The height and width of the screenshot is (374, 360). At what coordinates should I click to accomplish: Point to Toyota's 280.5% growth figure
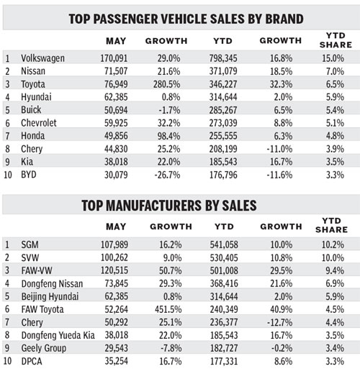point(171,84)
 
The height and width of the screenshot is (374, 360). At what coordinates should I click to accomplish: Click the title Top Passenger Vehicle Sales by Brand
point(180,18)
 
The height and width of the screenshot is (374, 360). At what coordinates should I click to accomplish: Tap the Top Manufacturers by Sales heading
point(180,205)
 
